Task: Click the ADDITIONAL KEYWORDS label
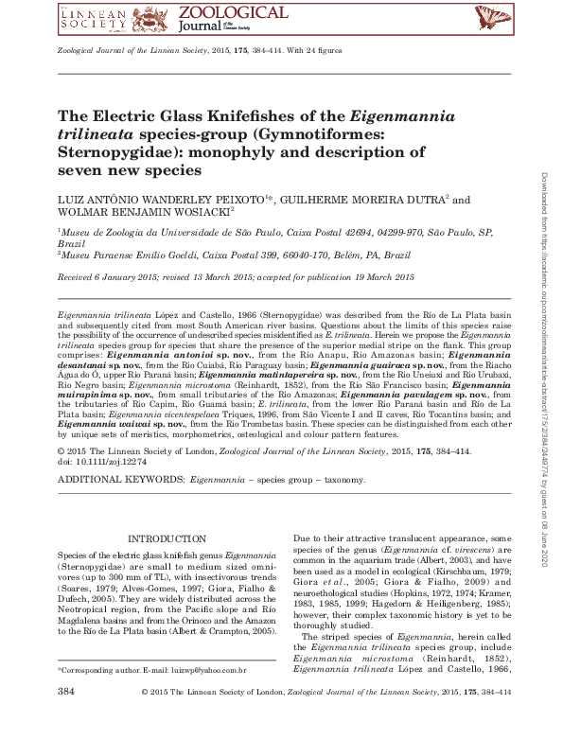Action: click(x=121, y=482)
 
